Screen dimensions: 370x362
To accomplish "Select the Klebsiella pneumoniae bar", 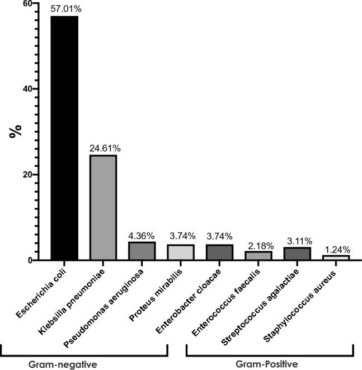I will pos(103,207).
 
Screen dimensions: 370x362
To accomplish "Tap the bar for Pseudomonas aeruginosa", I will pos(142,251).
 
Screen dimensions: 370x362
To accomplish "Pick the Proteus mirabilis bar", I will pos(180,252).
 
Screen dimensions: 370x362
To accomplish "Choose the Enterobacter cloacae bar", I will pos(219,252).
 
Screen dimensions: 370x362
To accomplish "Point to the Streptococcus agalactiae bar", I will pos(297,254).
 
